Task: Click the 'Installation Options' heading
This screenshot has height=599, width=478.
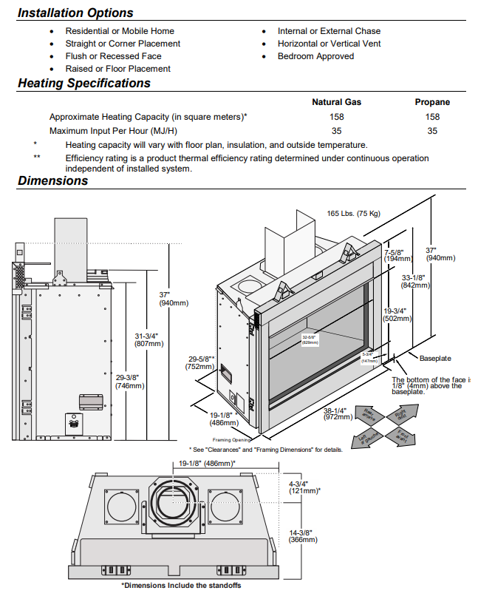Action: [75, 13]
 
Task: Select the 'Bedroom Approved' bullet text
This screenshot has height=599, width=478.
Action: [315, 56]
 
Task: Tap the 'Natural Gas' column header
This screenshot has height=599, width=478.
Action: [337, 102]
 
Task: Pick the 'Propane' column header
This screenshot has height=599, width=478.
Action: [432, 102]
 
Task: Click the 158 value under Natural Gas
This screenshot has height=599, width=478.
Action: [337, 117]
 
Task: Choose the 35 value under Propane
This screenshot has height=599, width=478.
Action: [432, 131]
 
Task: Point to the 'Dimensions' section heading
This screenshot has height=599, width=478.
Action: [52, 181]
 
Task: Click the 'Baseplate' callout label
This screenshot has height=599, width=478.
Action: [435, 358]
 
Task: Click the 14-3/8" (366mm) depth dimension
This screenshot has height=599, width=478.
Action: [303, 536]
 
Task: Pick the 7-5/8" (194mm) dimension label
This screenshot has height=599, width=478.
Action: [397, 255]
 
